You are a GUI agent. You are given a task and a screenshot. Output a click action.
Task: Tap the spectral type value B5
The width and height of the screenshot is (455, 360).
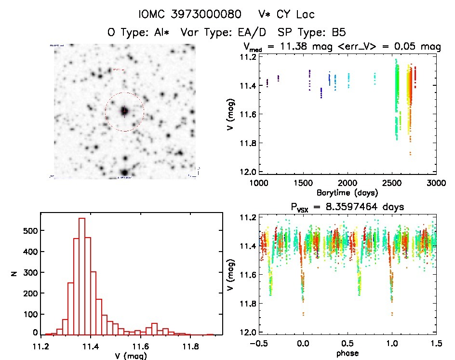336,33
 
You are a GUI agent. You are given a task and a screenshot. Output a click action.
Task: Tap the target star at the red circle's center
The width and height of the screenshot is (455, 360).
124,111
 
